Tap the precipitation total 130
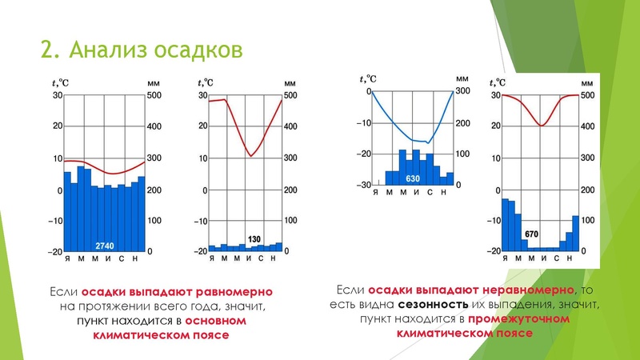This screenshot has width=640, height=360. tap(255, 239)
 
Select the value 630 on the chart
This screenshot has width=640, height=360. tap(413, 178)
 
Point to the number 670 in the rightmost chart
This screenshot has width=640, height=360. tap(533, 234)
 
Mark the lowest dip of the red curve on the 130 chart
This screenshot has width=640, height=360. tap(250, 155)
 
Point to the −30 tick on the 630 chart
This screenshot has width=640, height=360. tap(363, 185)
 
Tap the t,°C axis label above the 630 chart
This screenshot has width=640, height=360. tap(368, 78)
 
